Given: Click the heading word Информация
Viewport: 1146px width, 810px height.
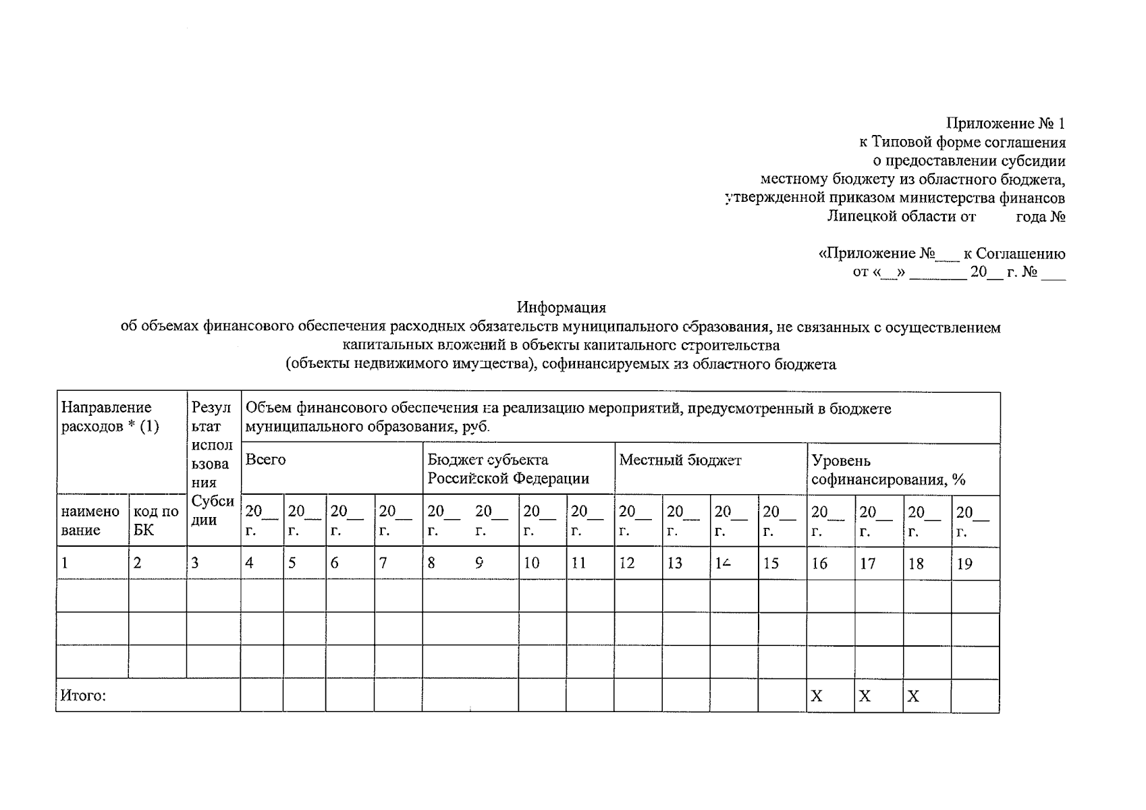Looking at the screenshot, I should [x=562, y=308].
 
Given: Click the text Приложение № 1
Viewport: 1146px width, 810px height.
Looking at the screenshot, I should [x=1005, y=124].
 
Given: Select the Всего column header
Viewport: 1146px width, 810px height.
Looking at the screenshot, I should [x=265, y=460].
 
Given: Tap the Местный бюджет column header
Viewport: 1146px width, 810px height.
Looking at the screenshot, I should [x=680, y=461].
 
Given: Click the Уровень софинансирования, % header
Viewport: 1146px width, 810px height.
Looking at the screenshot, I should [x=888, y=470].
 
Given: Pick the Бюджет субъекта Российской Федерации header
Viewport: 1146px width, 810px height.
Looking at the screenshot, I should [x=508, y=470].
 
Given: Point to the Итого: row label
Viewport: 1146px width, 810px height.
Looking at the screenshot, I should [x=83, y=696].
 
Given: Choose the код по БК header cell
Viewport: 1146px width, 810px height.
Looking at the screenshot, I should [x=156, y=520].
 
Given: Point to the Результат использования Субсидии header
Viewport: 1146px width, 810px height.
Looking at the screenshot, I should [x=213, y=464].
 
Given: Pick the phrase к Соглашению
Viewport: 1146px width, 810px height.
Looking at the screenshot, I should [x=1014, y=254].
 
